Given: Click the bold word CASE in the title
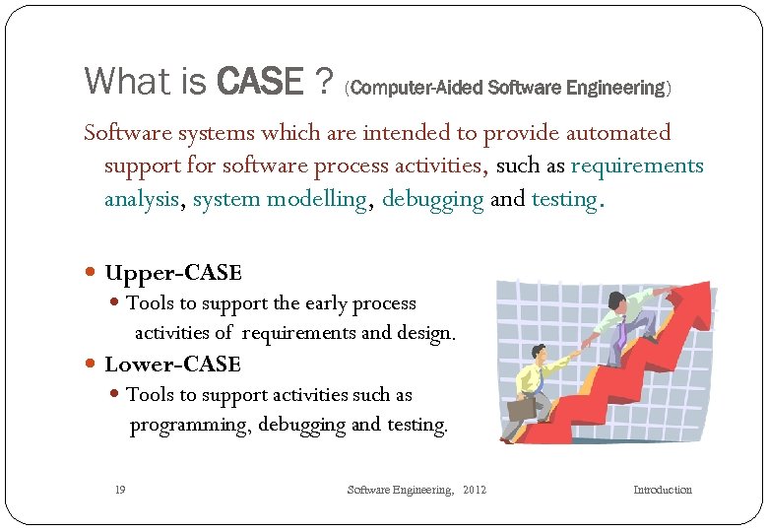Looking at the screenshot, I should pyautogui.click(x=259, y=81).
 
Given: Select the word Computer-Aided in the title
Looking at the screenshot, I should pyautogui.click(x=396, y=89).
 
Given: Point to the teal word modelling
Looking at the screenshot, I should pyautogui.click(x=320, y=199).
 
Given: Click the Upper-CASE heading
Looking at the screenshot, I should pyautogui.click(x=172, y=273).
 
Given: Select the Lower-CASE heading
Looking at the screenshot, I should pyautogui.click(x=172, y=364).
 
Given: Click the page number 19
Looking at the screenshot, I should pyautogui.click(x=119, y=490).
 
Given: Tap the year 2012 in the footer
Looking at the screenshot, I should pyautogui.click(x=474, y=490).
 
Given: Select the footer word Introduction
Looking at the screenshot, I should pyautogui.click(x=662, y=490).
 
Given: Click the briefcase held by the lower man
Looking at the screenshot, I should pyautogui.click(x=520, y=407).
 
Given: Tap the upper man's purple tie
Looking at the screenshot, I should pyautogui.click(x=622, y=334).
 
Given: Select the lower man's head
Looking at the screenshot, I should pyautogui.click(x=539, y=352).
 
